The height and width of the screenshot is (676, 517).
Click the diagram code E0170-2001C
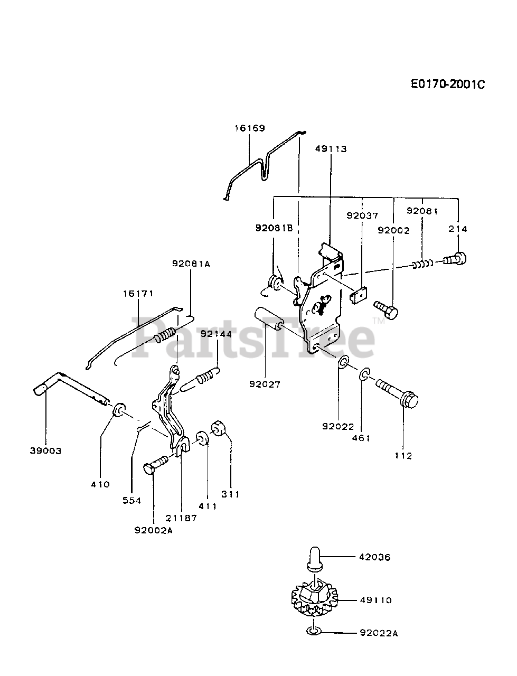(447, 84)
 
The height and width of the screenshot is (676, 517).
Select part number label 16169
(250, 128)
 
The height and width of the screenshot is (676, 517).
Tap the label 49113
(331, 148)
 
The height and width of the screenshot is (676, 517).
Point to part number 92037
(362, 215)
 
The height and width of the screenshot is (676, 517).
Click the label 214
(458, 229)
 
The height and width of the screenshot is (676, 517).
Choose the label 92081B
(274, 228)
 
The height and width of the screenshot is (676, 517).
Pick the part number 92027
(265, 384)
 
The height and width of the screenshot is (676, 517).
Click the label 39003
(45, 450)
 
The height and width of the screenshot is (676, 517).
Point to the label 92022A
(378, 632)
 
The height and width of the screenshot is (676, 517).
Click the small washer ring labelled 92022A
(313, 631)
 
